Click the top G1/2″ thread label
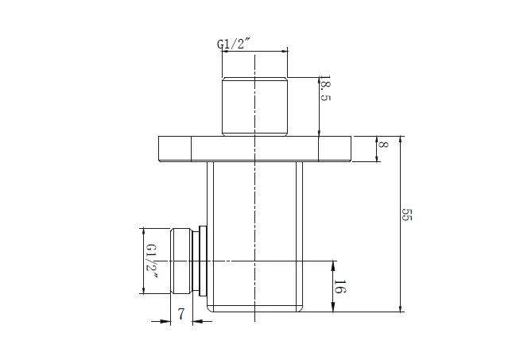pyautogui.click(x=234, y=44)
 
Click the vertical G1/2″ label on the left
pyautogui.click(x=151, y=261)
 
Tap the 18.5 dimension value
pyautogui.click(x=325, y=88)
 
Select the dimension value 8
pyautogui.click(x=383, y=145)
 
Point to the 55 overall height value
pyautogui.click(x=407, y=215)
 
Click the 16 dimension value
pyautogui.click(x=340, y=286)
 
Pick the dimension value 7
pyautogui.click(x=181, y=314)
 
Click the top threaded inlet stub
pyautogui.click(x=254, y=106)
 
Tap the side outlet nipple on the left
pyautogui.click(x=181, y=261)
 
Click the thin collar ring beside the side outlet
pyautogui.click(x=203, y=261)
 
